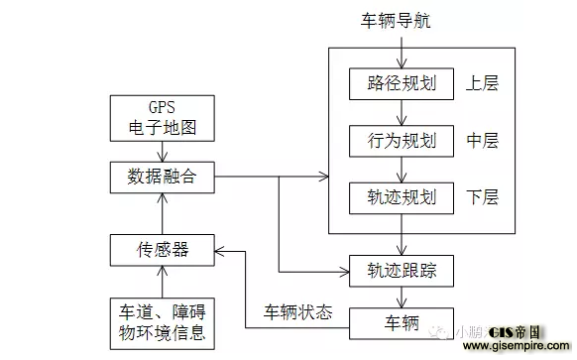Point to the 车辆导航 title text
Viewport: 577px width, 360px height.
point(400,20)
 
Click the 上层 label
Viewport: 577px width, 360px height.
point(483,83)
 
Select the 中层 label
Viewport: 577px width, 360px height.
point(483,140)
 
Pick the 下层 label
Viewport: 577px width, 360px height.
point(483,196)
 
